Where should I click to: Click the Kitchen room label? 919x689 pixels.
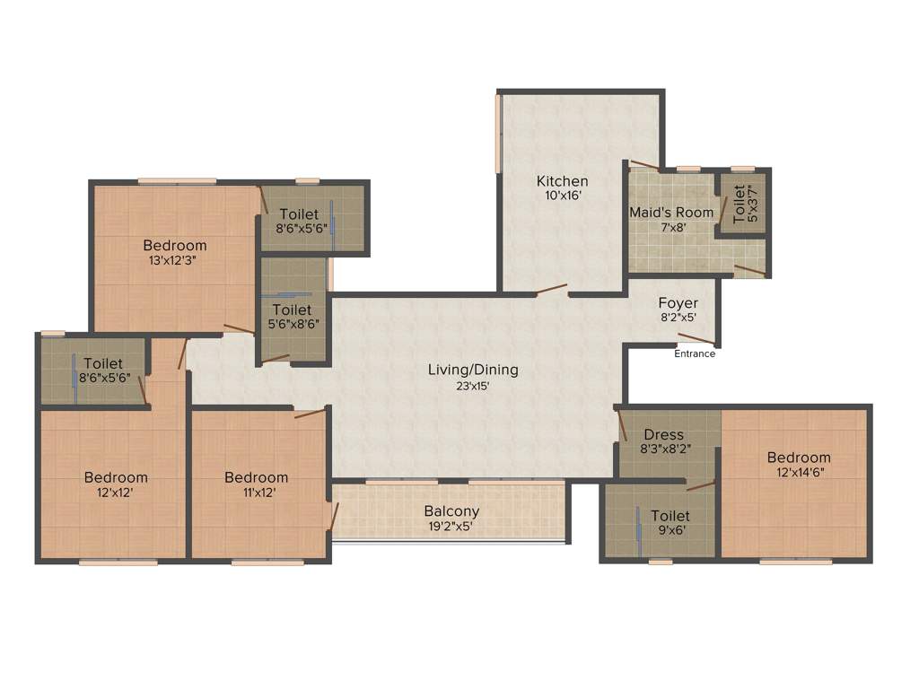tap(562, 181)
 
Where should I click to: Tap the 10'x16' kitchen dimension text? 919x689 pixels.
tap(562, 196)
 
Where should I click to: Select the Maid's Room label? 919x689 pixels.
tap(671, 213)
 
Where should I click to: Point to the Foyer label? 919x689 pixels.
tap(678, 303)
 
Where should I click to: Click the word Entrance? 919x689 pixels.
tap(695, 353)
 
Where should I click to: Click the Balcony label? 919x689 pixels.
tap(451, 511)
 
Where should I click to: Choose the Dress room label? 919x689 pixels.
tap(663, 435)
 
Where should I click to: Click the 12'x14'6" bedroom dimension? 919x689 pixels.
tap(798, 472)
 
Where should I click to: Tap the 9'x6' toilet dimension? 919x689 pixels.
tap(670, 530)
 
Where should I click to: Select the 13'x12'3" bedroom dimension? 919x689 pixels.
tap(174, 260)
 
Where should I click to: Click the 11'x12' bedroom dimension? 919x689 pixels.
tap(256, 492)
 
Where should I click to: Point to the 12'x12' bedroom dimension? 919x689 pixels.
tap(116, 492)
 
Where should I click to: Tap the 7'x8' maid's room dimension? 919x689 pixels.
tap(671, 228)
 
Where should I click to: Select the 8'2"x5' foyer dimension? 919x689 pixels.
tap(678, 318)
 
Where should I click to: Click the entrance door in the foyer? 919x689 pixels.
tap(696, 339)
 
